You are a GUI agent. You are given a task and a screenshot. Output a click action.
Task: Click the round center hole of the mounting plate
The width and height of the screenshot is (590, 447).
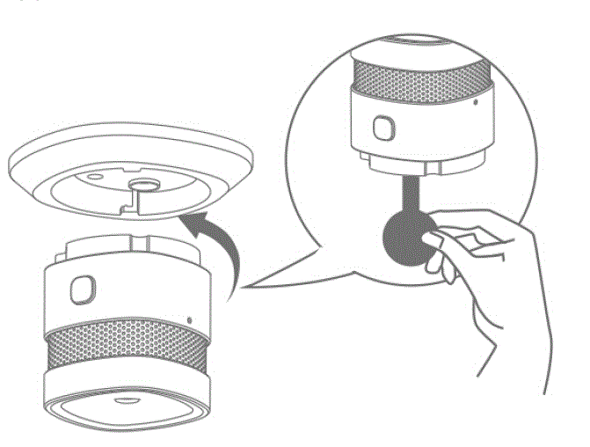coord(142,186)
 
